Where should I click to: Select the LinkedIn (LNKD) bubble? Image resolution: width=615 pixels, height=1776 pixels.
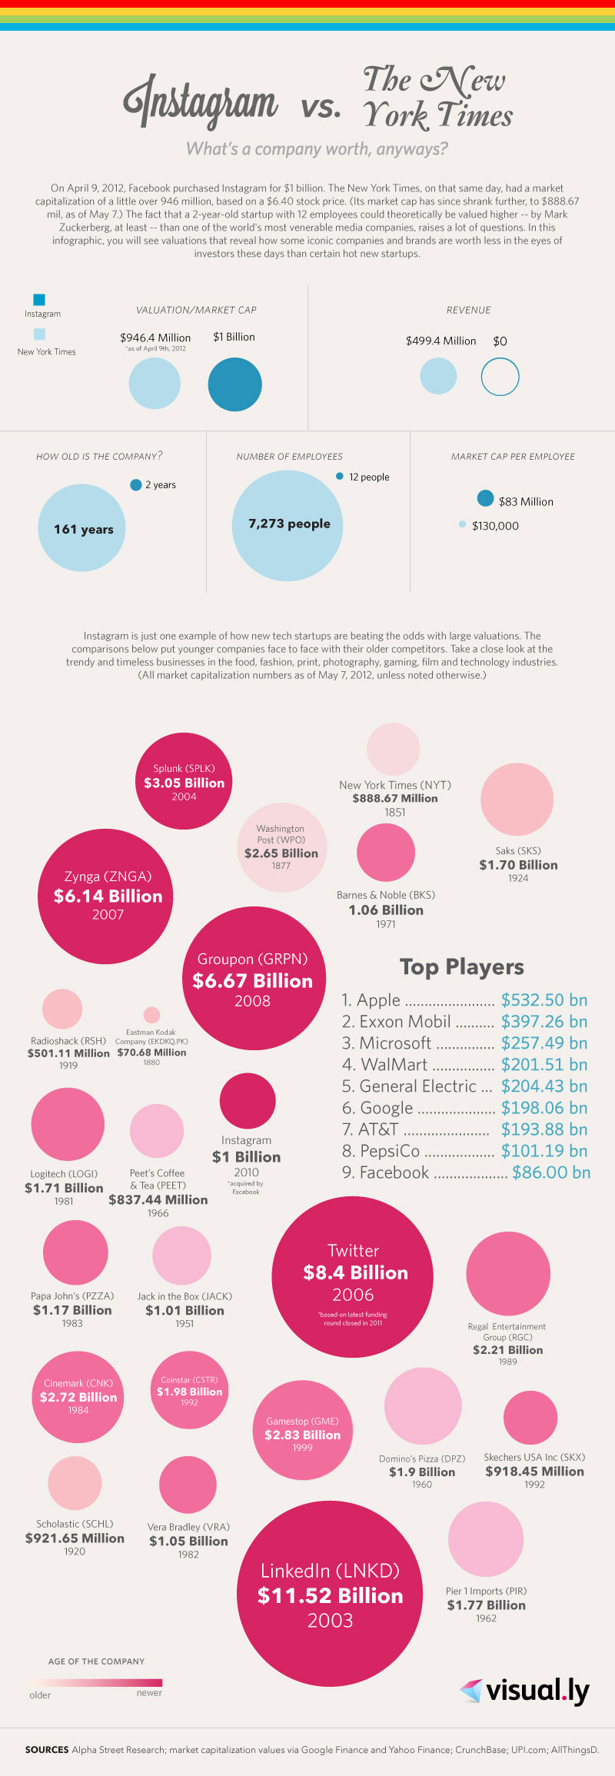330,1594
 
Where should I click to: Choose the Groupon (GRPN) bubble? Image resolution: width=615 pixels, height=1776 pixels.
253,979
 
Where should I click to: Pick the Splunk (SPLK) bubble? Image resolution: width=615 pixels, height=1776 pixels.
184,781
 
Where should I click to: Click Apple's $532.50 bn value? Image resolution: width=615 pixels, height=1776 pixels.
544,999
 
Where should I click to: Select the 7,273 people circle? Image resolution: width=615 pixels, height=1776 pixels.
288,525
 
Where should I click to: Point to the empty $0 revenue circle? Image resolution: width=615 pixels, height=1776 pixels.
500,377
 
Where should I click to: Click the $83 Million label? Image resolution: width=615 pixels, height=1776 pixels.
526,501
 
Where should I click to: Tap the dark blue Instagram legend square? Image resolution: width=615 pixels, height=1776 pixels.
39,299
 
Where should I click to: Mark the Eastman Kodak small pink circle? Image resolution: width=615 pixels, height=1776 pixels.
152,1015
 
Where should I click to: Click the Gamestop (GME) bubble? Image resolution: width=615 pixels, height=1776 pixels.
302,1431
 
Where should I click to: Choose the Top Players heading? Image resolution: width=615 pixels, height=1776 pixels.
461,966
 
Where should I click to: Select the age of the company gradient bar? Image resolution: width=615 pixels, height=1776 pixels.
96,1682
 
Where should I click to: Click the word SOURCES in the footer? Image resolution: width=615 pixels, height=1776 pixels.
47,1749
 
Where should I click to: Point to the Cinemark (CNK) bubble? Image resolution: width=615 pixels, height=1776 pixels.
78,1396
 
